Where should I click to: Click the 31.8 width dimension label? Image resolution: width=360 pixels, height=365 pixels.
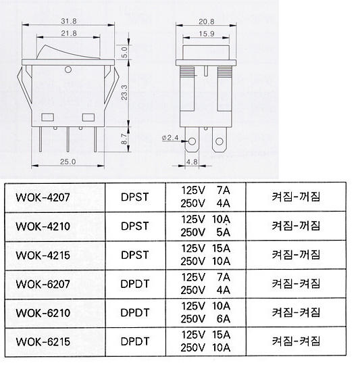pyautogui.click(x=69, y=21)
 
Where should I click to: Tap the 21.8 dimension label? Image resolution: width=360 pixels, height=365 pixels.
pyautogui.click(x=69, y=33)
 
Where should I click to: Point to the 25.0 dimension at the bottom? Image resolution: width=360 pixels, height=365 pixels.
pyautogui.click(x=68, y=162)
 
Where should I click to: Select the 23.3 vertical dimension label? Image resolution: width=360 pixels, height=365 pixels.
pyautogui.click(x=124, y=93)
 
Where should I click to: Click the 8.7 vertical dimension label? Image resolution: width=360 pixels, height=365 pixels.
pyautogui.click(x=124, y=139)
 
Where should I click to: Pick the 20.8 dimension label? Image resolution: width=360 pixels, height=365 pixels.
pyautogui.click(x=206, y=22)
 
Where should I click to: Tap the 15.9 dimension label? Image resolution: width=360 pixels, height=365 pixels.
pyautogui.click(x=207, y=34)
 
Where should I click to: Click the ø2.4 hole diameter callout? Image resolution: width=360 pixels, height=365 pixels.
pyautogui.click(x=170, y=138)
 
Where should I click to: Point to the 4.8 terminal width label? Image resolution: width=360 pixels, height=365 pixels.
pyautogui.click(x=192, y=162)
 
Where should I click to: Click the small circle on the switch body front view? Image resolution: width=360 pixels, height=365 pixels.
pyautogui.click(x=68, y=70)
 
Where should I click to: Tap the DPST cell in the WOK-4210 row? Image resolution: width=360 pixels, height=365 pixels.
pyautogui.click(x=135, y=226)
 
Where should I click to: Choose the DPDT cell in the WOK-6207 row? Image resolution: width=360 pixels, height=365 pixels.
pyautogui.click(x=135, y=284)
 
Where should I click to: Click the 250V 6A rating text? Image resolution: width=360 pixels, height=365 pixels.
pyautogui.click(x=205, y=319)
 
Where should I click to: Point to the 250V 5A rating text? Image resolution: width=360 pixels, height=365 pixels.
pyautogui.click(x=205, y=233)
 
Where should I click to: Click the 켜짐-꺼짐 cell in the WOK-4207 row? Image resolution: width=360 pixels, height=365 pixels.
pyautogui.click(x=296, y=197)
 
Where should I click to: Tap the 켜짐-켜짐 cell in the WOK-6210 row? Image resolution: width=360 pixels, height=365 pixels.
pyautogui.click(x=296, y=313)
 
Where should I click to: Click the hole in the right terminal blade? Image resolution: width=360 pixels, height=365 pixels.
pyautogui.click(x=220, y=141)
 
